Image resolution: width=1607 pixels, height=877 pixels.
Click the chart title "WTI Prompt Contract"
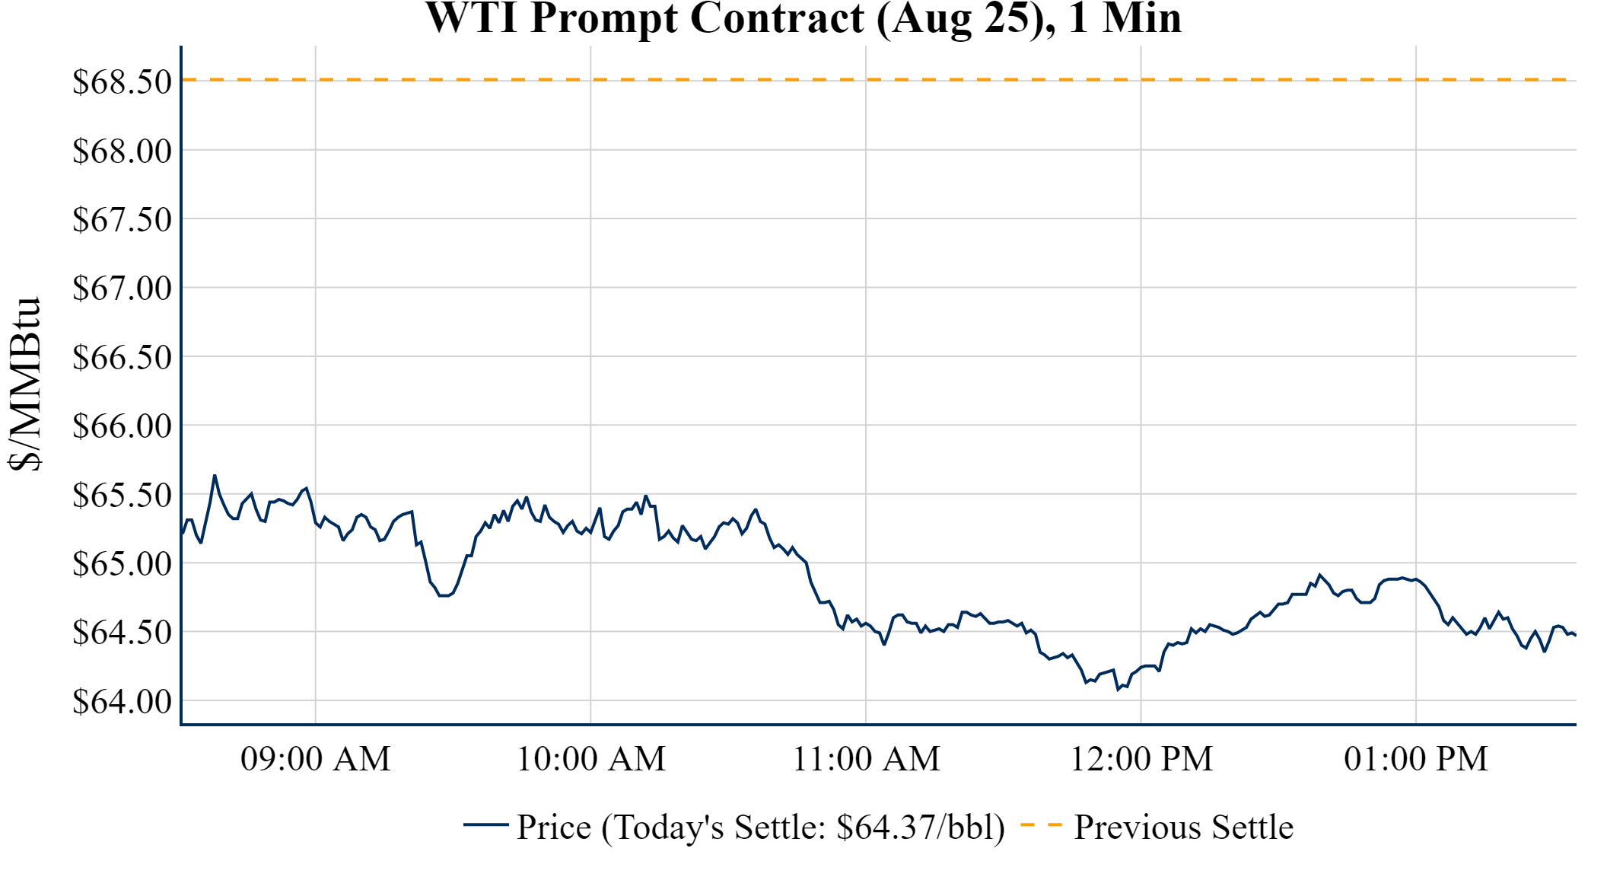(x=803, y=18)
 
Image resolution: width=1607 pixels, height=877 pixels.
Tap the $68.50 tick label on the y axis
(x=122, y=82)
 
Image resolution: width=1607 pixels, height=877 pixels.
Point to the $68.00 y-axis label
(x=122, y=151)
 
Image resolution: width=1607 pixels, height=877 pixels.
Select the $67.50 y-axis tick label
(x=122, y=219)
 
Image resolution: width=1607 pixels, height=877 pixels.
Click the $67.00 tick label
(x=122, y=288)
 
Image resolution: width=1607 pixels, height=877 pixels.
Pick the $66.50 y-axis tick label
(x=122, y=357)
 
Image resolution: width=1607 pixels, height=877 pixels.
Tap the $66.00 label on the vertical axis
(x=122, y=426)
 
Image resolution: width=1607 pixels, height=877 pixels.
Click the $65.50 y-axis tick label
(x=122, y=495)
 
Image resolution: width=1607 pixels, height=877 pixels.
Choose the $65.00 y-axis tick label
(x=122, y=563)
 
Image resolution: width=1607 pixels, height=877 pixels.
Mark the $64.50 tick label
(x=122, y=632)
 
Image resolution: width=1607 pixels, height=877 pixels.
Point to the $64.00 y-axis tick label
(x=122, y=701)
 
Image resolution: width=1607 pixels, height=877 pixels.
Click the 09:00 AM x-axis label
(x=316, y=759)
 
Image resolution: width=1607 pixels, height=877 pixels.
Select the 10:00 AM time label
(x=591, y=759)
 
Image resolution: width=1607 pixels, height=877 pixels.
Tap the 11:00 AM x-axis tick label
(x=867, y=759)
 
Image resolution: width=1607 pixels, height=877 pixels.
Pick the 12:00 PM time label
(x=1141, y=759)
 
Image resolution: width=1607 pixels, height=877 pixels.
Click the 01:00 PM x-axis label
(x=1416, y=759)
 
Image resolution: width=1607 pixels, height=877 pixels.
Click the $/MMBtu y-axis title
(x=24, y=384)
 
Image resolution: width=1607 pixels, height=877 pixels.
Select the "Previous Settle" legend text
(x=1183, y=828)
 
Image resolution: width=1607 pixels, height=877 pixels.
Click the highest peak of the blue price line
(x=215, y=476)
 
